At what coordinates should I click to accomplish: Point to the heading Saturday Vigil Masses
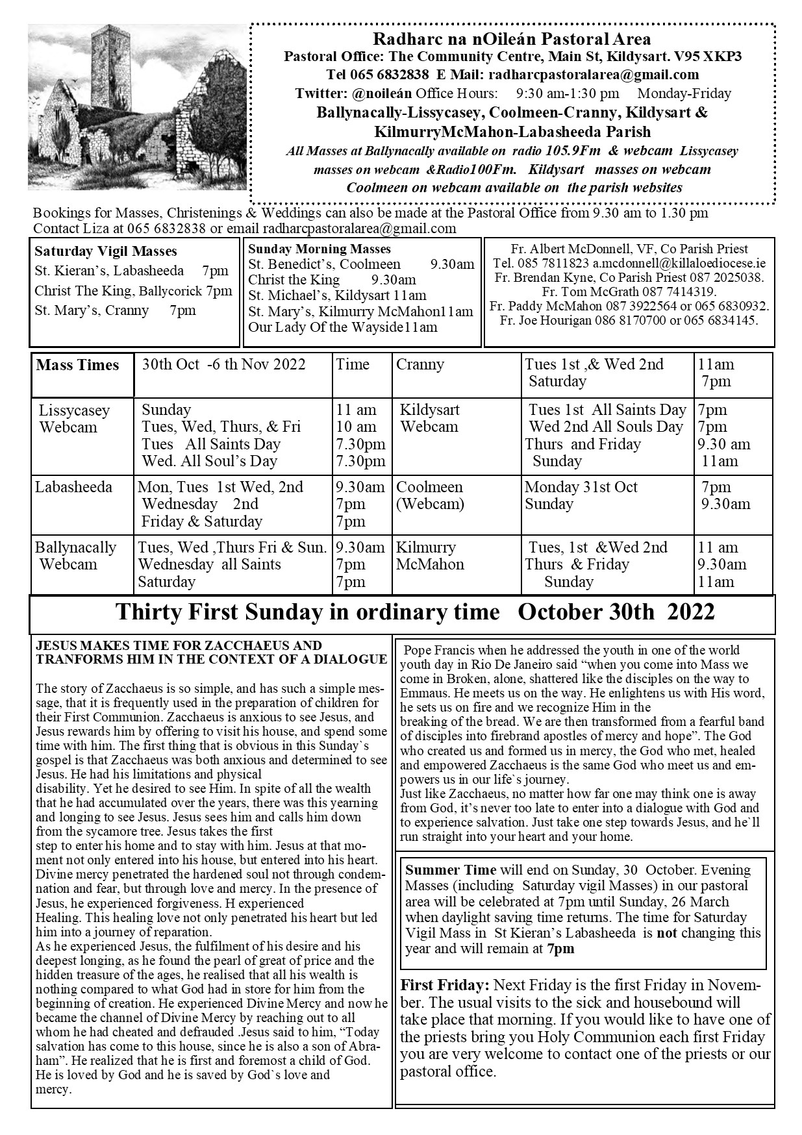pyautogui.click(x=106, y=251)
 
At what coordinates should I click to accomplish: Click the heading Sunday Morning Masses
pyautogui.click(x=320, y=249)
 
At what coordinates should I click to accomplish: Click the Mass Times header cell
pyautogui.click(x=78, y=365)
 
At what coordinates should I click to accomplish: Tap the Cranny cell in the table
pyautogui.click(x=420, y=364)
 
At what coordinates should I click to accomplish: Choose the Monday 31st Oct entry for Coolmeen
pyautogui.click(x=581, y=487)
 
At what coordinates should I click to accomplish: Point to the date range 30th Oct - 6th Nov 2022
pyautogui.click(x=223, y=364)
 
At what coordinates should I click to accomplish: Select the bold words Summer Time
pyautogui.click(x=450, y=869)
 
